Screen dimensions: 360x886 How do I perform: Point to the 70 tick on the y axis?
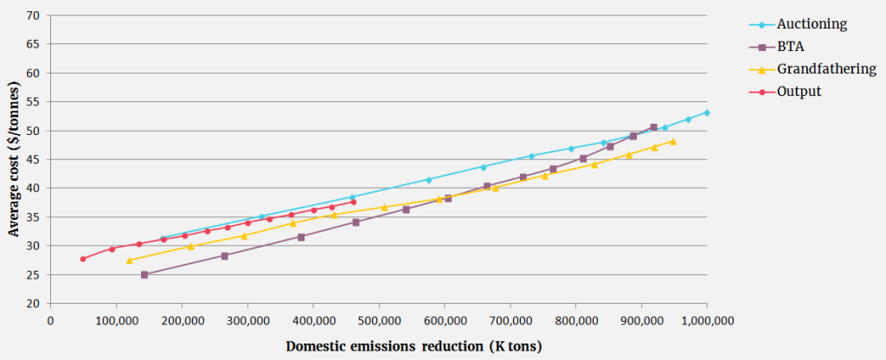click(x=33, y=16)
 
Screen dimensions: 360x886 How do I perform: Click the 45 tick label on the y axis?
click(x=33, y=159)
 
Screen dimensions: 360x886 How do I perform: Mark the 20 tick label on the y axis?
click(x=33, y=304)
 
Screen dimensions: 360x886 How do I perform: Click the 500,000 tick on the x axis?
click(x=379, y=321)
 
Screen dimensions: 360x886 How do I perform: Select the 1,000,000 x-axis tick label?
click(x=707, y=321)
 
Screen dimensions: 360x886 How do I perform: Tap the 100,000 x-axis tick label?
click(x=116, y=321)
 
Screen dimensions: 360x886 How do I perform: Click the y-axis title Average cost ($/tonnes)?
click(x=14, y=159)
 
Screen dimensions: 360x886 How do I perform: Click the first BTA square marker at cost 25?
click(x=144, y=274)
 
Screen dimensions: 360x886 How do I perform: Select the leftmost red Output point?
click(x=83, y=259)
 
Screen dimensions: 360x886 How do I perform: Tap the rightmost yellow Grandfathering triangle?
click(x=672, y=141)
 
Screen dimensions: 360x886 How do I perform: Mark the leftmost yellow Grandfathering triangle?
click(x=130, y=260)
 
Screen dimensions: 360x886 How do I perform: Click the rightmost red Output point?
click(x=353, y=202)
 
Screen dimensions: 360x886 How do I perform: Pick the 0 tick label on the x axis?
click(x=51, y=321)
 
